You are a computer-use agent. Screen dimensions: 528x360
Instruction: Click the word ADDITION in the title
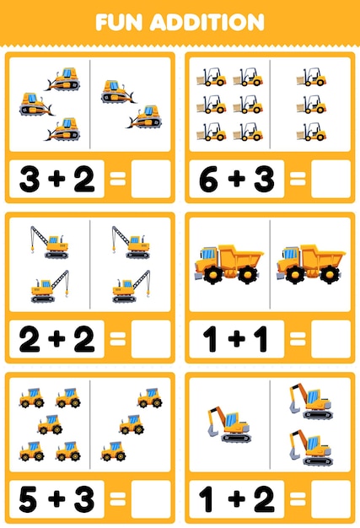point(212,21)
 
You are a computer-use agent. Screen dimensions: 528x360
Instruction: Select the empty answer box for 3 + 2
point(151,178)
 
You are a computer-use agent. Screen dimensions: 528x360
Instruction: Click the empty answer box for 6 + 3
point(330,178)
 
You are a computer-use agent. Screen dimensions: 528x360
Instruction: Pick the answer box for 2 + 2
point(151,338)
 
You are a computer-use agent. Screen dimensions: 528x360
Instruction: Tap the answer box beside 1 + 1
point(330,338)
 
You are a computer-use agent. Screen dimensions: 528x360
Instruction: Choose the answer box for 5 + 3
point(151,498)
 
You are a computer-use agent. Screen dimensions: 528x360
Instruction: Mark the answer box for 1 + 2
point(330,498)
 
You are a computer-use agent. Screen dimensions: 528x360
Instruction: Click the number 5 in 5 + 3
point(30,498)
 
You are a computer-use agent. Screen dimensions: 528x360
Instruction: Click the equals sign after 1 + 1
point(295,338)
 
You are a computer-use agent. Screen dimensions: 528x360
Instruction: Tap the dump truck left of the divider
point(227,263)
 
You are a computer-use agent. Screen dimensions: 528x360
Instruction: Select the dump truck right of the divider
point(309,263)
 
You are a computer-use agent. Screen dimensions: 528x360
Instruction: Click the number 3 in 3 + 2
point(30,178)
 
